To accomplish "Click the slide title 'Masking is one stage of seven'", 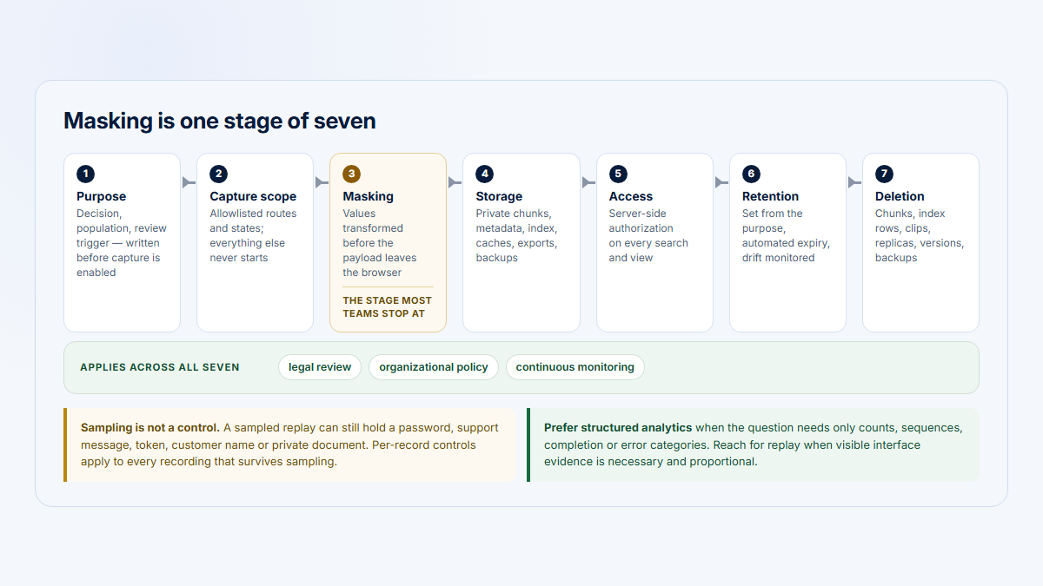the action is (x=219, y=121).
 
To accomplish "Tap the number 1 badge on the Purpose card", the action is (x=86, y=174).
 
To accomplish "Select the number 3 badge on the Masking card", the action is (x=351, y=174).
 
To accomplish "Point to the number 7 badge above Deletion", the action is (x=884, y=174).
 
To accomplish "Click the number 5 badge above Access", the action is (x=618, y=174).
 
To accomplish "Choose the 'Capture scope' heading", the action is (x=253, y=196).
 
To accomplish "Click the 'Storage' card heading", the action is (x=499, y=196).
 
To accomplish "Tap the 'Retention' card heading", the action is (x=770, y=196).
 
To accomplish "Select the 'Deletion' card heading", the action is (x=900, y=196).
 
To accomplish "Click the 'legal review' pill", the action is (x=320, y=367).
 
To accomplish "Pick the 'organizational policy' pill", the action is (x=434, y=367).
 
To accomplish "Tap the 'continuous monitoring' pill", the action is (x=575, y=367).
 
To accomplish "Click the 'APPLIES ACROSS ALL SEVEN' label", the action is (x=160, y=367).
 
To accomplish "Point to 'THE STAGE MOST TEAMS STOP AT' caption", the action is (x=388, y=307).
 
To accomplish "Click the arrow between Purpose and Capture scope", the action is (x=189, y=182).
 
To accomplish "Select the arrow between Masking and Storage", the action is (x=455, y=182).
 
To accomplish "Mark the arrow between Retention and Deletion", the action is (x=854, y=182).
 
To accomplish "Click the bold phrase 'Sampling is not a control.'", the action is (x=149, y=427).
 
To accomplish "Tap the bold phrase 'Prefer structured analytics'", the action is (x=618, y=427).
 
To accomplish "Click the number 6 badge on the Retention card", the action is (x=751, y=174).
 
